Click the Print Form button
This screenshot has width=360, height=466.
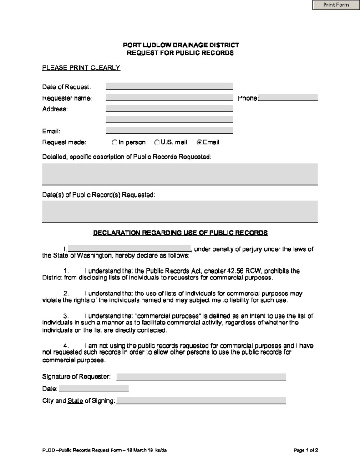[x=336, y=5]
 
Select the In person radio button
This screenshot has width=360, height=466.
[x=115, y=142]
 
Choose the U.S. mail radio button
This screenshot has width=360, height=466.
[x=157, y=142]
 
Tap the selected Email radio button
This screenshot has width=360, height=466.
[x=199, y=142]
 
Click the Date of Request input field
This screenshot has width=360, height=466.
[x=169, y=86]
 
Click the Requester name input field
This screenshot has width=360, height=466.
[x=169, y=98]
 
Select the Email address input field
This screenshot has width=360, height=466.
[x=169, y=131]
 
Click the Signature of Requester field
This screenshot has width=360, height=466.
[x=201, y=377]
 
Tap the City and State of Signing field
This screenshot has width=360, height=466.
[x=201, y=401]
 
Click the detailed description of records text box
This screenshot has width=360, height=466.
[x=180, y=174]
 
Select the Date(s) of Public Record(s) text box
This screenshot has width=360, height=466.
[x=180, y=211]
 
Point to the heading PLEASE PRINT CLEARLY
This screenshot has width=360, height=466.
[x=81, y=68]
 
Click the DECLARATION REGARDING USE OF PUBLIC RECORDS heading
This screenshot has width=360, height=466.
[x=180, y=233]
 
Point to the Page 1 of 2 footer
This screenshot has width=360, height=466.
[x=306, y=451]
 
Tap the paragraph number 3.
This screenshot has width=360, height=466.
[x=66, y=316]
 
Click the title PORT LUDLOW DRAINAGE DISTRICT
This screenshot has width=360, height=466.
[x=181, y=45]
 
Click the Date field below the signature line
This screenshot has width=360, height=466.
[x=94, y=389]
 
